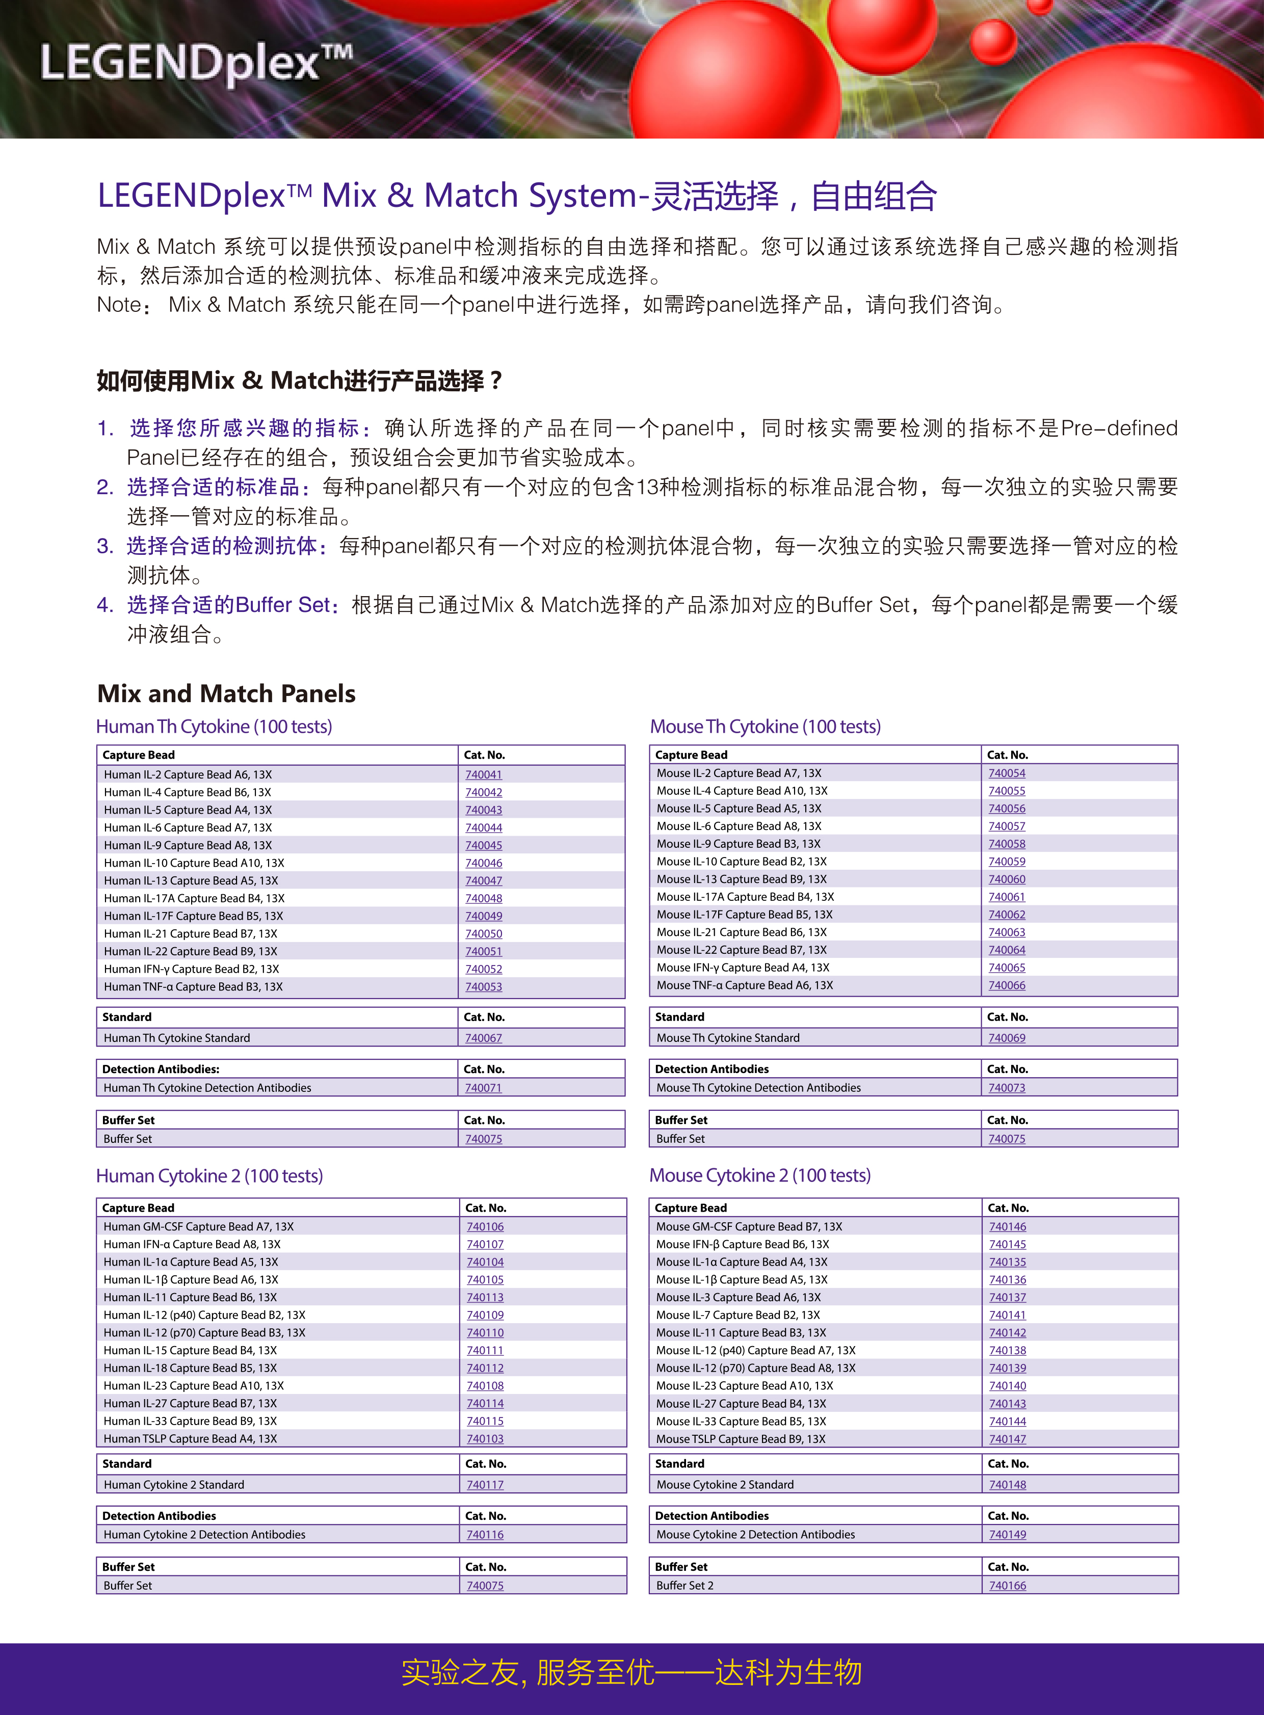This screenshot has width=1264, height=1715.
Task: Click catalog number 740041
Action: coord(484,774)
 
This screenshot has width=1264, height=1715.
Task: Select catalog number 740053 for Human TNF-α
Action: coord(484,987)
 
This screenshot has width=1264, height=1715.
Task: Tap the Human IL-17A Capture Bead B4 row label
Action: coord(194,898)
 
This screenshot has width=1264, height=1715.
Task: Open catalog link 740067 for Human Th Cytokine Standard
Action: coord(484,1038)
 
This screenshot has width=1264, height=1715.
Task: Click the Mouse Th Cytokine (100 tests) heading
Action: coord(765,726)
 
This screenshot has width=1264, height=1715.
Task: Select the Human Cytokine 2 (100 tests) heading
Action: coord(209,1176)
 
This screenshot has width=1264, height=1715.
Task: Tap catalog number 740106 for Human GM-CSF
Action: coord(485,1226)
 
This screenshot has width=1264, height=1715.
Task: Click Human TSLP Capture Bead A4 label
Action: coord(190,1439)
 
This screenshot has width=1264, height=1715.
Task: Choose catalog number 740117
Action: coord(485,1485)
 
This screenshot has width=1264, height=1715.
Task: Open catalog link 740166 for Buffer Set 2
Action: coord(1007,1586)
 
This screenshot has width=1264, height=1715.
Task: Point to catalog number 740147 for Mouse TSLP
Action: coord(1007,1439)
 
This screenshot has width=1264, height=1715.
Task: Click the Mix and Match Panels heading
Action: coord(226,693)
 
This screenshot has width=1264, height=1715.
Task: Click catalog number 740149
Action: coord(1007,1535)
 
